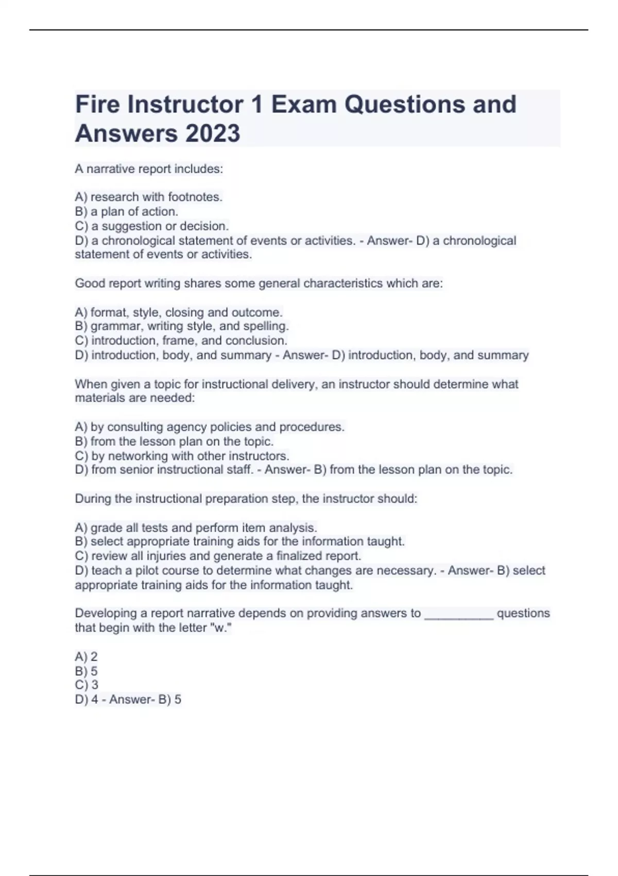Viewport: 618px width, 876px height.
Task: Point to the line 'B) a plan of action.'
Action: [127, 211]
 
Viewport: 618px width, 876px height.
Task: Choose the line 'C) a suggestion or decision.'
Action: [152, 226]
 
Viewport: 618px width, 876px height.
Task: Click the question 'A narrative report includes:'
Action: [149, 169]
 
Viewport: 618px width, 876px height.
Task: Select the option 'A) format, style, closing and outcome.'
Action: [179, 312]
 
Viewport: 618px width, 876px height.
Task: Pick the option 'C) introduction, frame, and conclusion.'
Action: [181, 341]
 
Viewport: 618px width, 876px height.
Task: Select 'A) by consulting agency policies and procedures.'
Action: [210, 427]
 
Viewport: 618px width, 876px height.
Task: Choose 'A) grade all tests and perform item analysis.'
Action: [196, 528]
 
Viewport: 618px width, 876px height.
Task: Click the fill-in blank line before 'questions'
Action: [458, 614]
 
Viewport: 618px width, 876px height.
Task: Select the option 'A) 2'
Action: [86, 656]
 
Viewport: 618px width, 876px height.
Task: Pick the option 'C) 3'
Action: [87, 685]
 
